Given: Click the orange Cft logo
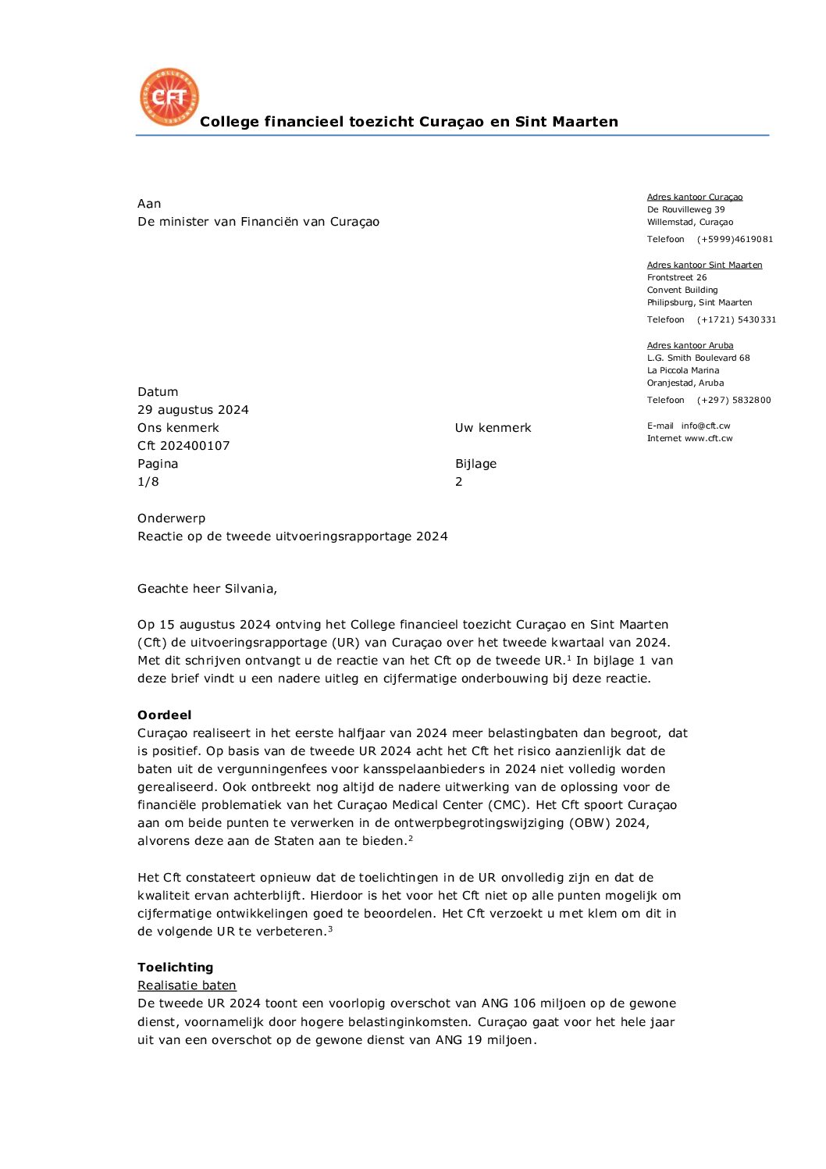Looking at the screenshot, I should tap(169, 97).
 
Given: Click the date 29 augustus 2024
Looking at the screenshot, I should tap(193, 410).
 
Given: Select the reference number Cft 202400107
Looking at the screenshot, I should tap(183, 446).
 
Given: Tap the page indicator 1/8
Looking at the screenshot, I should tap(148, 482).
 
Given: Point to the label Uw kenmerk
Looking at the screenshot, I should tap(493, 428).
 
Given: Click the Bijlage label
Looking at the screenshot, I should tap(475, 464).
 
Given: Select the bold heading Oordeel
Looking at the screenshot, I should tap(164, 715).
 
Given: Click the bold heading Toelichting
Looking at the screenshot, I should tap(175, 968).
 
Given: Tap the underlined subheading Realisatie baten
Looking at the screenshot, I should tap(187, 985).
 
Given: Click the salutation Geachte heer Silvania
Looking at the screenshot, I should tap(207, 589).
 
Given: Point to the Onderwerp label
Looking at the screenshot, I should tap(171, 519).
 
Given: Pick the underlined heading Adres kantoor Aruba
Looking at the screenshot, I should tap(690, 345).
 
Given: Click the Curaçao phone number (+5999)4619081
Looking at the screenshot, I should tap(735, 240).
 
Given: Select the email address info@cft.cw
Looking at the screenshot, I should tap(706, 426).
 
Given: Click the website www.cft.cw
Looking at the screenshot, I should tap(708, 439).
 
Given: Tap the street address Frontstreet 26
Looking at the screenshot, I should tap(677, 278).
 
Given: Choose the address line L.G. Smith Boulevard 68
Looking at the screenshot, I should tap(698, 358).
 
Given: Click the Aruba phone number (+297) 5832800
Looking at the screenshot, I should tap(733, 401).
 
